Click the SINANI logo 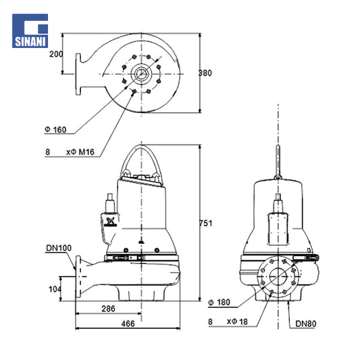[x=30, y=31]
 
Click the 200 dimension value [x=56, y=54]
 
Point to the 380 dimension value [x=205, y=73]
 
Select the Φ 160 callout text [x=55, y=130]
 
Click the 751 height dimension [x=205, y=223]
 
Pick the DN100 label [x=59, y=248]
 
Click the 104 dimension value [x=55, y=289]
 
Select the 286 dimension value [x=108, y=309]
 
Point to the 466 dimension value [x=128, y=324]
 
